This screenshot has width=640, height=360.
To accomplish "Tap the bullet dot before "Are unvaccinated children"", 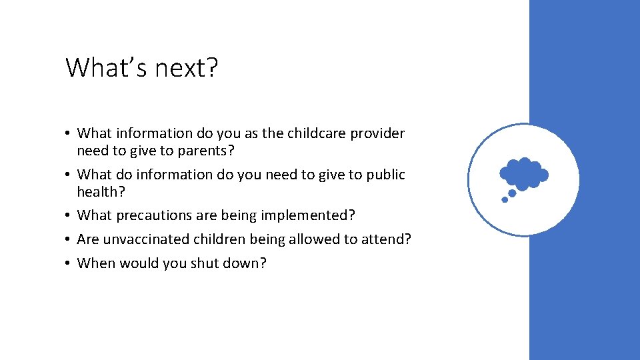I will point(69,240).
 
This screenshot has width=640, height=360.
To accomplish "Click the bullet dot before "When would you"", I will point(69,264).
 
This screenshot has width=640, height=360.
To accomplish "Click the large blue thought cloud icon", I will point(524,173).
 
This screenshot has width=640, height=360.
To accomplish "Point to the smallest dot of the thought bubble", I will point(505,199).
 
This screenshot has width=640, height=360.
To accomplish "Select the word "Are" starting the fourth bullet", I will point(87,239).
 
